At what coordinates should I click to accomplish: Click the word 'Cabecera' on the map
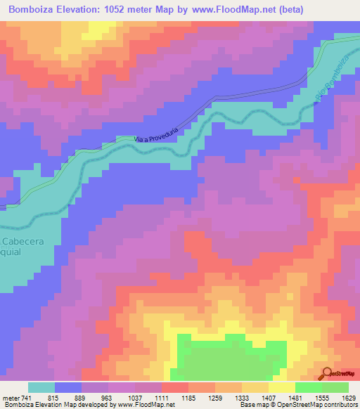tap(23, 241)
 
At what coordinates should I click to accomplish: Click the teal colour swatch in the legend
tap(41, 387)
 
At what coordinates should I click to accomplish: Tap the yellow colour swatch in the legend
tap(281, 387)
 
